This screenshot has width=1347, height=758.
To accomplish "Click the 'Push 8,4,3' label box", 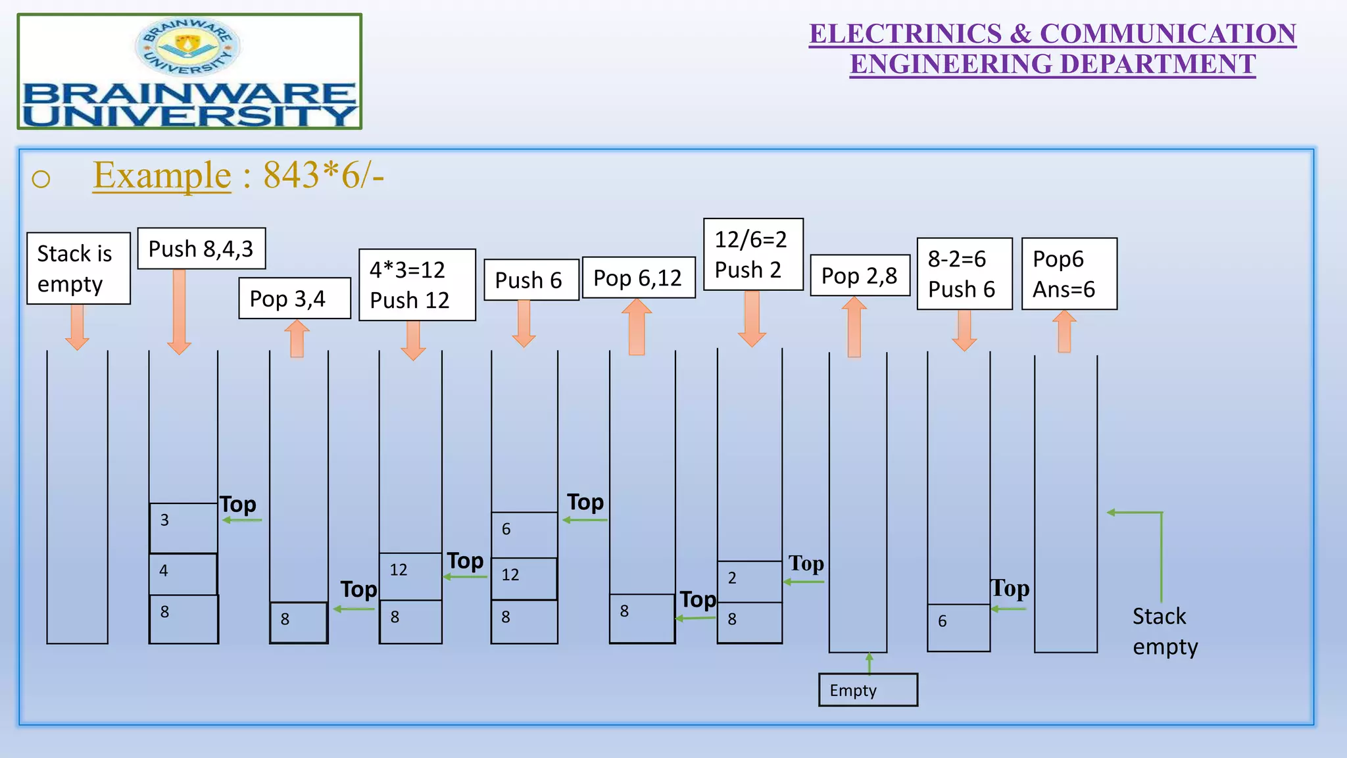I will point(201,249).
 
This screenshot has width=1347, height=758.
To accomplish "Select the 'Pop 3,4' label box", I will point(294,299).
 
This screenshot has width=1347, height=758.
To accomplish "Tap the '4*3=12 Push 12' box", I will point(417,285).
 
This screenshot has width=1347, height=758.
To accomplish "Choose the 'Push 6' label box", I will point(531,280).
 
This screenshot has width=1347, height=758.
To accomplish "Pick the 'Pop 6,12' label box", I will point(639,278).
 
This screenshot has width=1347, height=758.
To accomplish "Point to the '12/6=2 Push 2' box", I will point(753,255).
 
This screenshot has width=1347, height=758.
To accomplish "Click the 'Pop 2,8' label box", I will point(860,276).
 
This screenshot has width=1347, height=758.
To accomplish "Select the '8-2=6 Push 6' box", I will point(964,274).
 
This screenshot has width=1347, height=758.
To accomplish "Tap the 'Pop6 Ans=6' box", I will point(1069,274).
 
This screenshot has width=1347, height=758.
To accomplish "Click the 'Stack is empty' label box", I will point(78,268).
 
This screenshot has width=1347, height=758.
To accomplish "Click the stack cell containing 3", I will point(184,528).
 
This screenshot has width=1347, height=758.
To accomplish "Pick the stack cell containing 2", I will point(749,582).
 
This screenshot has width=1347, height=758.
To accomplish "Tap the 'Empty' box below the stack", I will point(868,690).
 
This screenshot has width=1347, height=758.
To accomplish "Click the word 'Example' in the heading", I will point(162,176).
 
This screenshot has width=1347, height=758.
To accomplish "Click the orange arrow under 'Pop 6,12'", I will point(637,327).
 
